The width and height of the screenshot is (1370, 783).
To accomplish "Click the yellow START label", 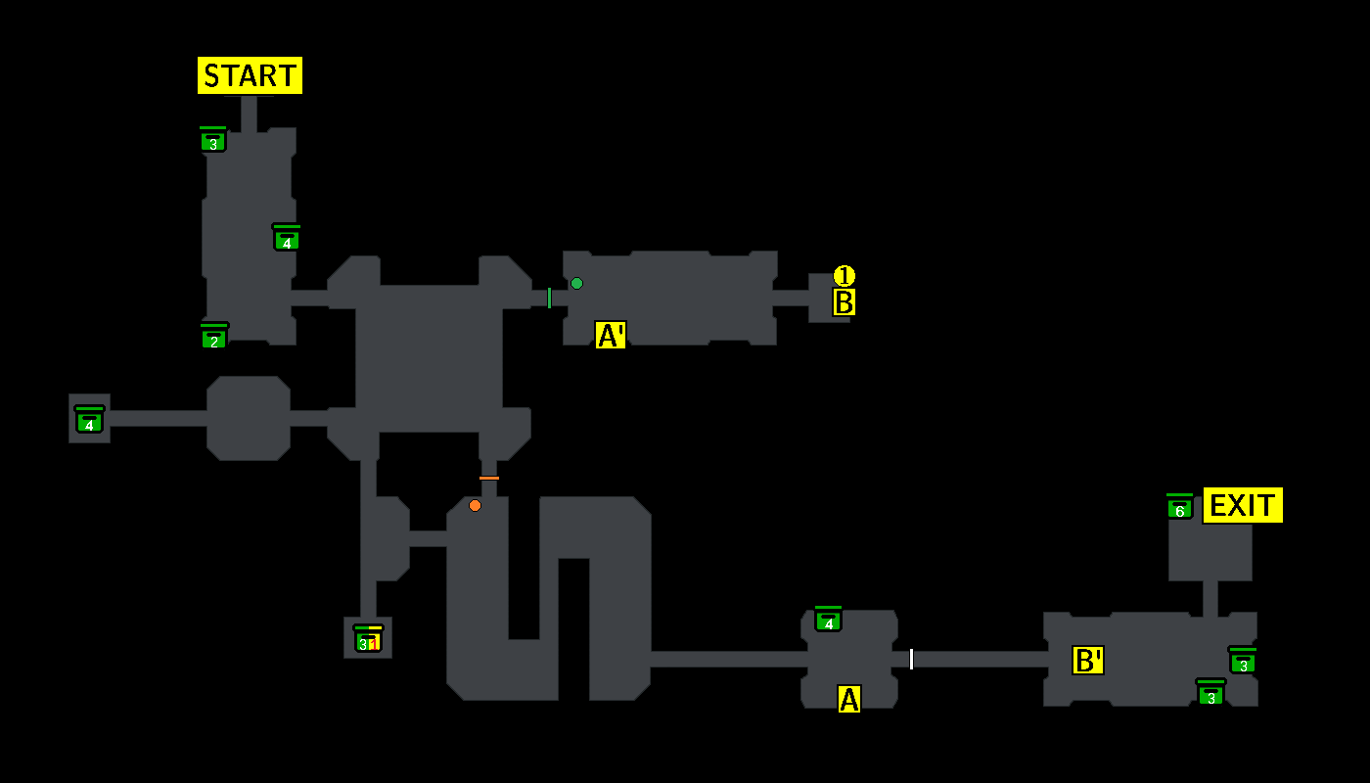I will point(250,75).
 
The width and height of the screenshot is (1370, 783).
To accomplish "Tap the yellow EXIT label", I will point(1242,505).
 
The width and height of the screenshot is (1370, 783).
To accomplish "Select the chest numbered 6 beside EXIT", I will point(1179,508).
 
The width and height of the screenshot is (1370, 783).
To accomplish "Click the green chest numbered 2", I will point(213,338).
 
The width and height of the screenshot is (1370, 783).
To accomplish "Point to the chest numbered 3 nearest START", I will point(212,141).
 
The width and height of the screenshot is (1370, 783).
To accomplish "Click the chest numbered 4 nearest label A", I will point(828,620).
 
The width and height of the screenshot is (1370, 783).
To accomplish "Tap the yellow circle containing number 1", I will point(844,276).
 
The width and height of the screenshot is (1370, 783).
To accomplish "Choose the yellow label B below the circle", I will point(844,302).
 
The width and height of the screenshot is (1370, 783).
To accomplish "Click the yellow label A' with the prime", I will point(611,336).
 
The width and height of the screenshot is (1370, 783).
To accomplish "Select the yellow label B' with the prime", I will point(1088,661).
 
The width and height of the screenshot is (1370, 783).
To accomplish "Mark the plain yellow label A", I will point(848,699).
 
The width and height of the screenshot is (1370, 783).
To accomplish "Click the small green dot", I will point(576,284).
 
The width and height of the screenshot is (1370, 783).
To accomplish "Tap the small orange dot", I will point(475,505).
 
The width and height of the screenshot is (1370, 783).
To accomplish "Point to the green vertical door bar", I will point(549,298).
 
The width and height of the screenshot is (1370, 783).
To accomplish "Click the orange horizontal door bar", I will point(489,478).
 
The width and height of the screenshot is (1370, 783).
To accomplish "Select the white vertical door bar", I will point(911,659).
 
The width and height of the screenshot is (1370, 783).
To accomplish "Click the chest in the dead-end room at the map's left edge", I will point(89,420).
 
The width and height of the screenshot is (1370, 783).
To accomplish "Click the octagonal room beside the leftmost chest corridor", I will point(249,418).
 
